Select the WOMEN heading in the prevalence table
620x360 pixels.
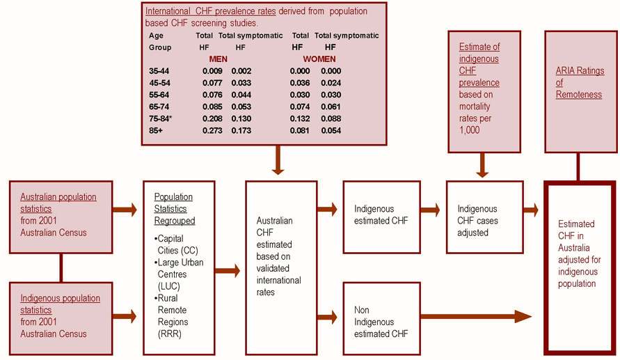[319, 59]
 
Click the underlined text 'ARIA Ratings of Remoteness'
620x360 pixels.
[580, 82]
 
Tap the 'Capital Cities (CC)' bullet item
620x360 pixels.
[176, 246]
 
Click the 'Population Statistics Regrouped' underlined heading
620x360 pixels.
[174, 208]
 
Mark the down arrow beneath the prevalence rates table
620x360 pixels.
[278, 159]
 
